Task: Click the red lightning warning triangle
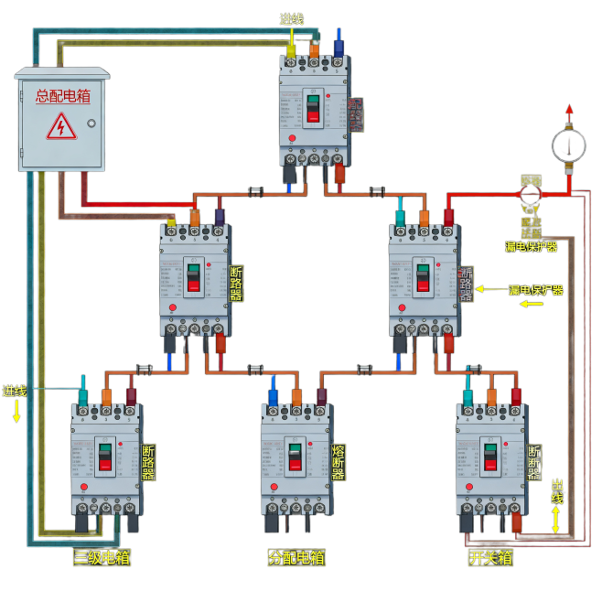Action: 61,126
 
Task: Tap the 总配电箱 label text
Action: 62,95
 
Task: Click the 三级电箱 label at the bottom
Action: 102,557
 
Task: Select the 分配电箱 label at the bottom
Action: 296,557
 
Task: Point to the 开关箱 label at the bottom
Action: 490,557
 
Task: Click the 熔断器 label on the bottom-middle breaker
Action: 339,463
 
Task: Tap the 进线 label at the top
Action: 291,19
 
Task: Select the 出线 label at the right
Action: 557,490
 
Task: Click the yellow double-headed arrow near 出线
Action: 556,520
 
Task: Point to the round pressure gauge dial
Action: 568,145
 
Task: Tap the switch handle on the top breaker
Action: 314,107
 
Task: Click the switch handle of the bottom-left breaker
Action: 105,457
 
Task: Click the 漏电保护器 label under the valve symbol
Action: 531,246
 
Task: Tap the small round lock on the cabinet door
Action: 91,124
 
